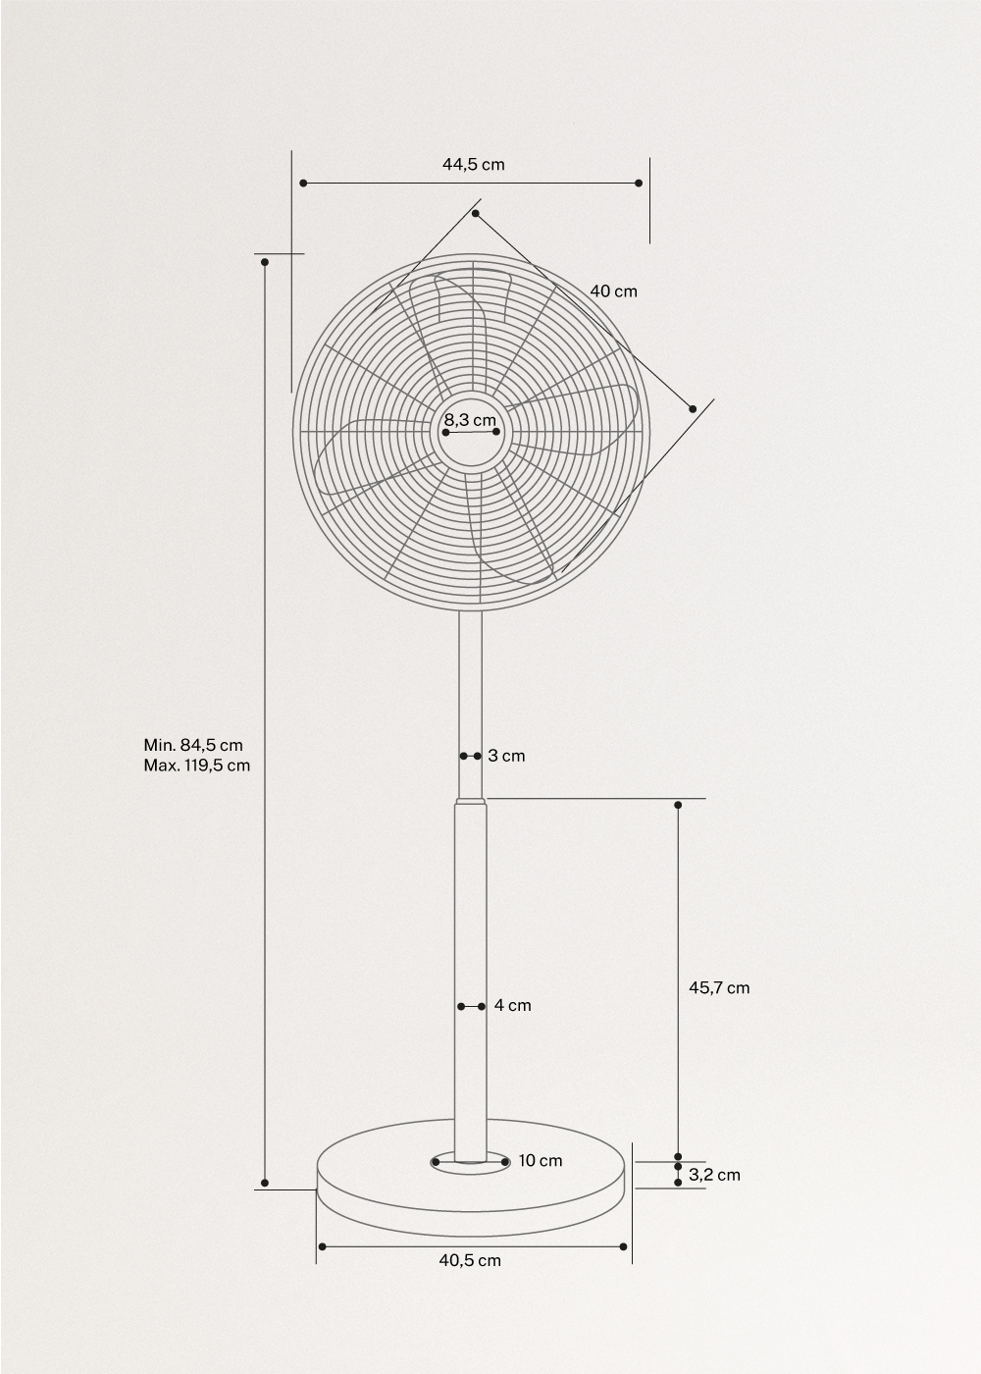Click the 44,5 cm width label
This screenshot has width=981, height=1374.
(473, 164)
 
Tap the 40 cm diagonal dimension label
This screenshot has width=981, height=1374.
(613, 291)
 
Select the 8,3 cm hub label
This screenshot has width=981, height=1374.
(470, 420)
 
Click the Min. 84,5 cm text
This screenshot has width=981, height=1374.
(193, 745)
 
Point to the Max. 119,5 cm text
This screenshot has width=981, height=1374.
(196, 766)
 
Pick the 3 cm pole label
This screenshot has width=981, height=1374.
(506, 756)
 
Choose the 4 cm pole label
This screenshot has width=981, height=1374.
(512, 1006)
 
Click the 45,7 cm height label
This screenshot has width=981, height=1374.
(718, 987)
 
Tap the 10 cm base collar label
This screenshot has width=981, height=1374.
(541, 1161)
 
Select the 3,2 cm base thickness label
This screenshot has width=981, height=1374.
(714, 1175)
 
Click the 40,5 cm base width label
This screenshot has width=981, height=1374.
(470, 1260)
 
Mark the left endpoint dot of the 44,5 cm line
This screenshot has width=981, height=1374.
(303, 183)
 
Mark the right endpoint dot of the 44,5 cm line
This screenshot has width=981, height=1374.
(639, 183)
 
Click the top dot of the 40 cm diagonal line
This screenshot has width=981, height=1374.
(476, 213)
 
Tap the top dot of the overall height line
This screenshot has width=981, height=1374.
(265, 261)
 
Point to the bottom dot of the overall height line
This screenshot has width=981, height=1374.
(265, 1182)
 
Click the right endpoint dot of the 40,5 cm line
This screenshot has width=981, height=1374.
(624, 1246)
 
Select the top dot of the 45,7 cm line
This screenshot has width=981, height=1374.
(678, 805)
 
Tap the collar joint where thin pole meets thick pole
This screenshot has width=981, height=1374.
(471, 802)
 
